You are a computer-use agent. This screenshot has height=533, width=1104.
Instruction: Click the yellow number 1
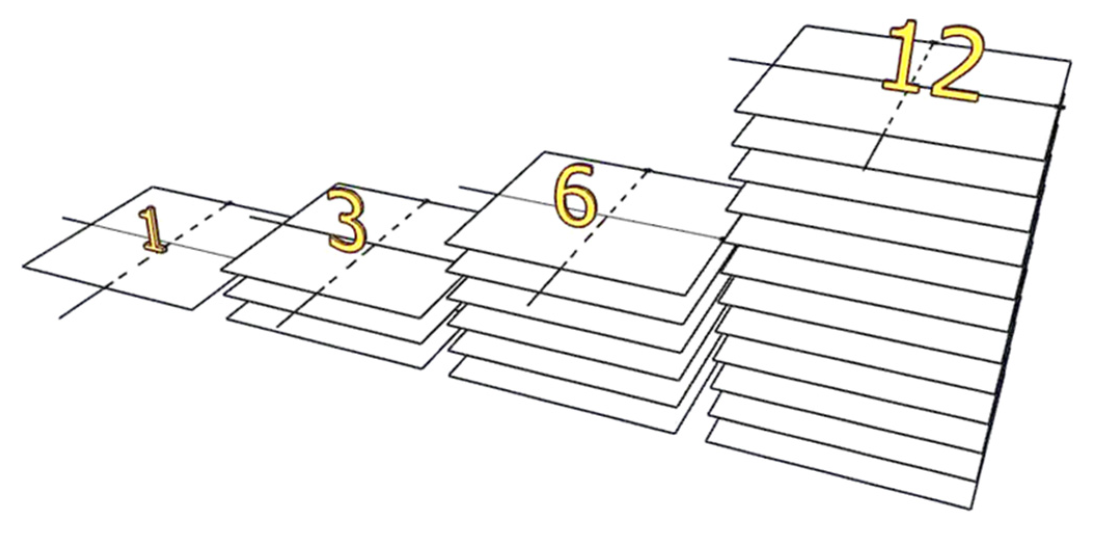tap(153, 230)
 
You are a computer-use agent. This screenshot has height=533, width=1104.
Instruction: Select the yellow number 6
tap(575, 196)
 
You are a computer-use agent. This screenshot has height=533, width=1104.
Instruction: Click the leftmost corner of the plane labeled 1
tap(23, 267)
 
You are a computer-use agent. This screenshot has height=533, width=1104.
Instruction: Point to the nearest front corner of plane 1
tap(192, 310)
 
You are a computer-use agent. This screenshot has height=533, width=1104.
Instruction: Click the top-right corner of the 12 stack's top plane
tap(1071, 61)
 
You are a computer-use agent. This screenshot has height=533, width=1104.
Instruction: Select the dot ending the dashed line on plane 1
tap(230, 202)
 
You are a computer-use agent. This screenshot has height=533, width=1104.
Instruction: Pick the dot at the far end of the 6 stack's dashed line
tap(647, 170)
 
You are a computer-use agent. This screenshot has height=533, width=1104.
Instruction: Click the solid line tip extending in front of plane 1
tap(60, 318)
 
